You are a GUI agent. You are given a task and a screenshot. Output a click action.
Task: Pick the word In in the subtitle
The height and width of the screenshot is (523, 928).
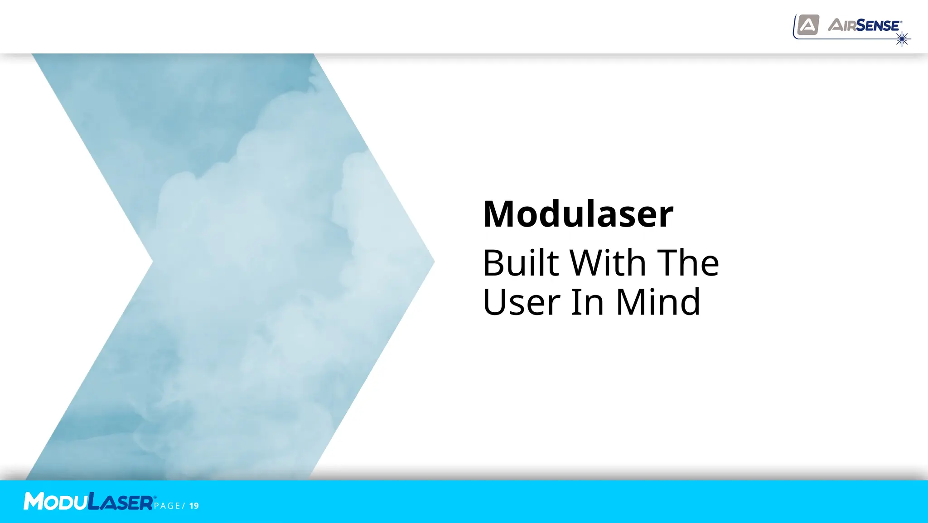[587, 302]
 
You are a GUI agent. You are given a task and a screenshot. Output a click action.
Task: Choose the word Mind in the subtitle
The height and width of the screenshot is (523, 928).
[658, 302]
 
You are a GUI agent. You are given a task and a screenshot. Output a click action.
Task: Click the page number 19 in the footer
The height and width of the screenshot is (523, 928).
[194, 506]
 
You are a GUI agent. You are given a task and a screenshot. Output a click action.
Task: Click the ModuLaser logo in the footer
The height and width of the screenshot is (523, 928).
[89, 501]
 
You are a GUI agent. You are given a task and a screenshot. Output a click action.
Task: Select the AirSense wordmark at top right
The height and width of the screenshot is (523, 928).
[865, 25]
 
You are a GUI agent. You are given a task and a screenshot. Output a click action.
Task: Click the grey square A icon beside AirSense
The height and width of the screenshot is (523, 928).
[808, 25]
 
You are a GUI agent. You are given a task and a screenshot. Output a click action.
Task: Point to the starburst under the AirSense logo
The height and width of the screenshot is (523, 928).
[902, 39]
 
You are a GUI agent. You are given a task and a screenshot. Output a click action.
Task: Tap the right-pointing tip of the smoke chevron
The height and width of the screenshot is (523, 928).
[433, 261]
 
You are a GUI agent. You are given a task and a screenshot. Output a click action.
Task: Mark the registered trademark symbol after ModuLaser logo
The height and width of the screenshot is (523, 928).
[155, 497]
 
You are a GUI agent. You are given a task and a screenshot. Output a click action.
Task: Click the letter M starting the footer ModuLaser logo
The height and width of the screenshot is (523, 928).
[34, 501]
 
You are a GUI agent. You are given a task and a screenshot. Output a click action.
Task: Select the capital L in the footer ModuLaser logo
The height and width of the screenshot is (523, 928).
[94, 501]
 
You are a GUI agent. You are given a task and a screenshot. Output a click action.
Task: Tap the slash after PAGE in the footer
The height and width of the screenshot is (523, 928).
[184, 506]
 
